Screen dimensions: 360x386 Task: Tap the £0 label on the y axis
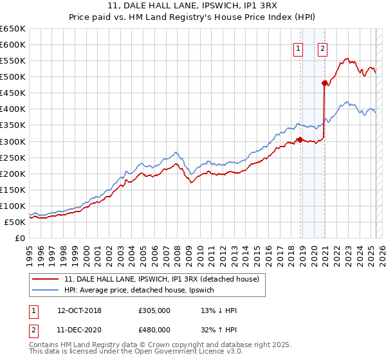coord(20,238)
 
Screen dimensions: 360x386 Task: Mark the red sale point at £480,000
coord(324,82)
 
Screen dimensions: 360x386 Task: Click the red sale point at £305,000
coord(300,139)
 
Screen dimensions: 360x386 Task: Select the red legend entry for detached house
coord(161,279)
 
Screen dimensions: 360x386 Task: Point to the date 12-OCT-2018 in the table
coord(79,310)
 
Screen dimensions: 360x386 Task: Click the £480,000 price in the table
coord(154,330)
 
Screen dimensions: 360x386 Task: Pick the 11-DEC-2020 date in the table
coord(79,330)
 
